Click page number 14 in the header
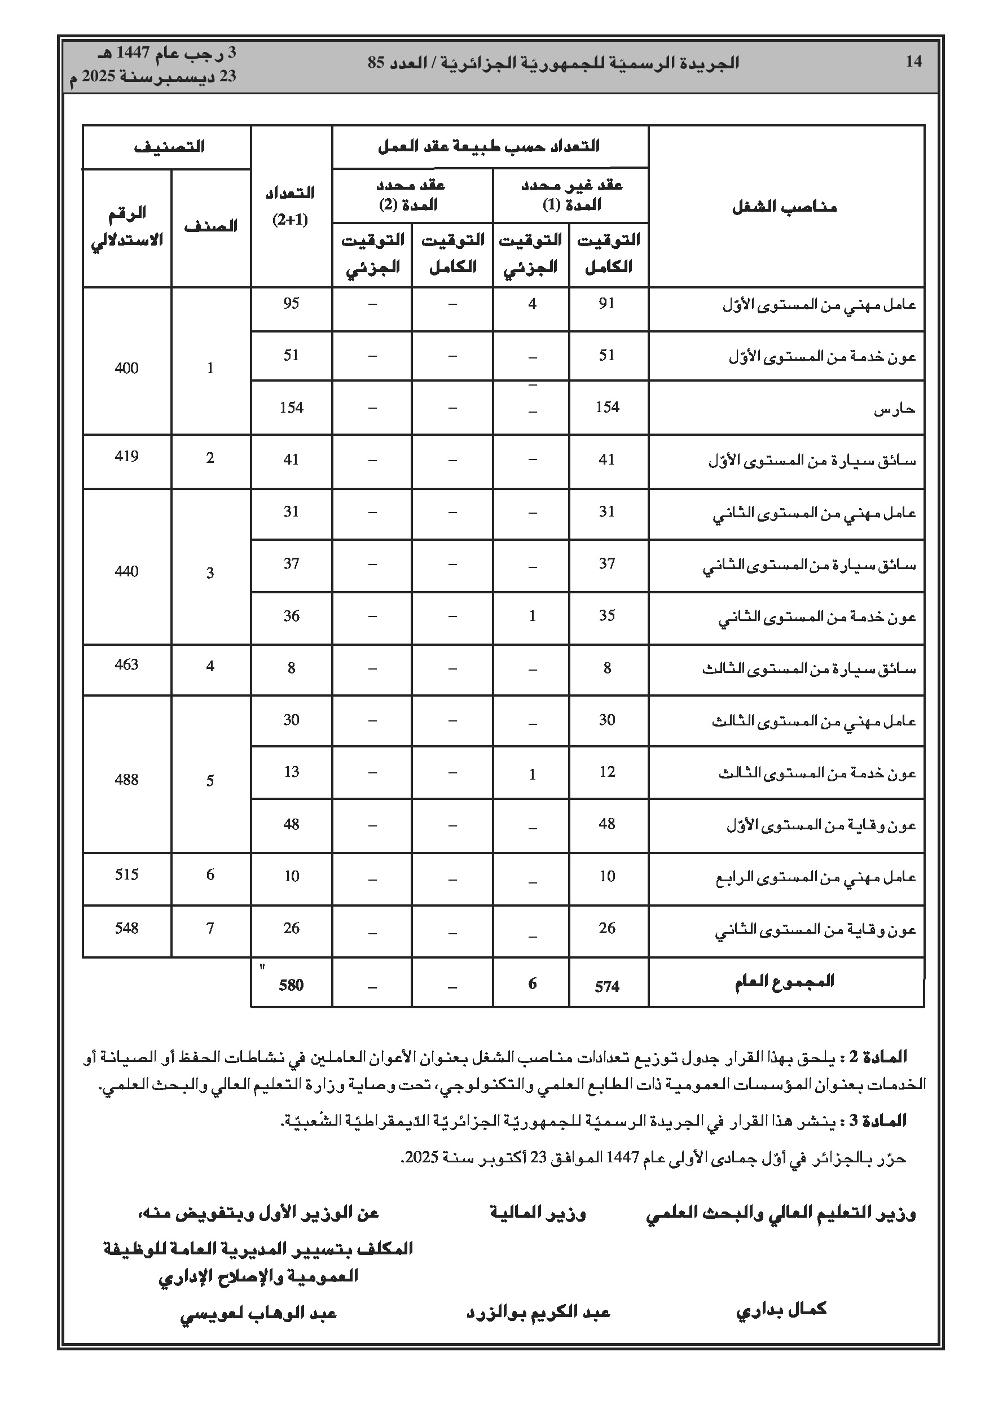tap(913, 62)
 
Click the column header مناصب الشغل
tap(785, 206)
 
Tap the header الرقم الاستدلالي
tap(127, 227)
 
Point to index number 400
tap(127, 368)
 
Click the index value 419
tap(127, 457)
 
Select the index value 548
tap(127, 928)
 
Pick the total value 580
tap(291, 985)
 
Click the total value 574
tap(607, 986)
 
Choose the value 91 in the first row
tap(607, 303)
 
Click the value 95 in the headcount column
tap(291, 303)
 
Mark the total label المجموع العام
tap(784, 982)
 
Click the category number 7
tap(210, 928)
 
